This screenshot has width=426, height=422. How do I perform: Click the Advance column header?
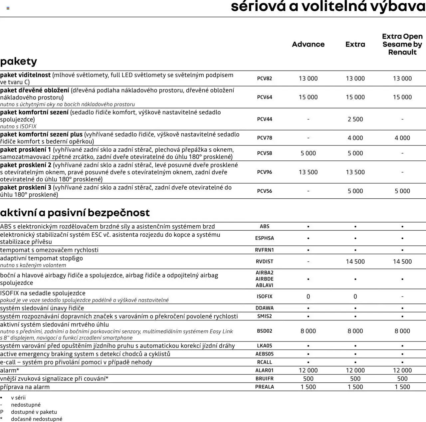pyautogui.click(x=308, y=44)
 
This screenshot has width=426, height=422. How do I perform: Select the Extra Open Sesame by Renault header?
pyautogui.click(x=402, y=44)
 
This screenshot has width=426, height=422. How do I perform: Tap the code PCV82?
pyautogui.click(x=264, y=79)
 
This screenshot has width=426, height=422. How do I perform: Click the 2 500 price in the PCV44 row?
pyautogui.click(x=355, y=119)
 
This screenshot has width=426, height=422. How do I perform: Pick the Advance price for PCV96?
pyautogui.click(x=308, y=172)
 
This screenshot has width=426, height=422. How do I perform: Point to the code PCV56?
pyautogui.click(x=264, y=191)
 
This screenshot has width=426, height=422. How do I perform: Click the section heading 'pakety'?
pyautogui.click(x=19, y=61)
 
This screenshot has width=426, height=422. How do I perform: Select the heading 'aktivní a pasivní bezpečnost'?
pyautogui.click(x=75, y=213)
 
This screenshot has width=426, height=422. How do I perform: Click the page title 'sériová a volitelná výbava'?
pyautogui.click(x=328, y=7)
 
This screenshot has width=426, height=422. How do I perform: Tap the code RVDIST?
pyautogui.click(x=264, y=262)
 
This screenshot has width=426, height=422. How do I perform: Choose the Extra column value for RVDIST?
pyautogui.click(x=355, y=262)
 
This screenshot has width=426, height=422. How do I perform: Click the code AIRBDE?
pyautogui.click(x=264, y=279)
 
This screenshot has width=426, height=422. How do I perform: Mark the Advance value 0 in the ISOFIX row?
pyautogui.click(x=308, y=297)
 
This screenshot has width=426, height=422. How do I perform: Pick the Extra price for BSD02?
pyautogui.click(x=355, y=331)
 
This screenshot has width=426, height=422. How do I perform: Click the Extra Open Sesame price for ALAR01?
pyautogui.click(x=402, y=370)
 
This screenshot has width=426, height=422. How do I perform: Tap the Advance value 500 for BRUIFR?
pyautogui.click(x=308, y=379)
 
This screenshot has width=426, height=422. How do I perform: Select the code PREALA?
pyautogui.click(x=264, y=387)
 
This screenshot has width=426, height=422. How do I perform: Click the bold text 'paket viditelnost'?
pyautogui.click(x=25, y=75)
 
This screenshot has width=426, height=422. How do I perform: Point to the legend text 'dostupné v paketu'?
pyautogui.click(x=34, y=412)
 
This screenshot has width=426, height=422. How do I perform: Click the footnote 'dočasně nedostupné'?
pyautogui.click(x=37, y=419)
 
